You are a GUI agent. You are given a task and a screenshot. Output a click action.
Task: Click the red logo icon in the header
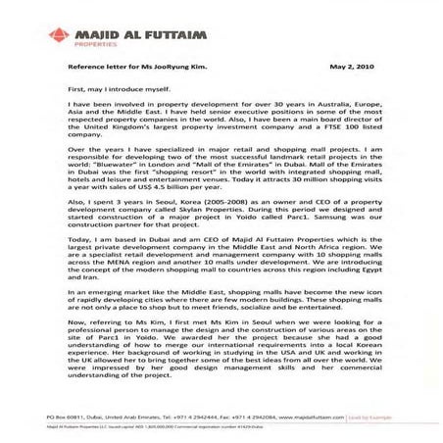click(x=61, y=36)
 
